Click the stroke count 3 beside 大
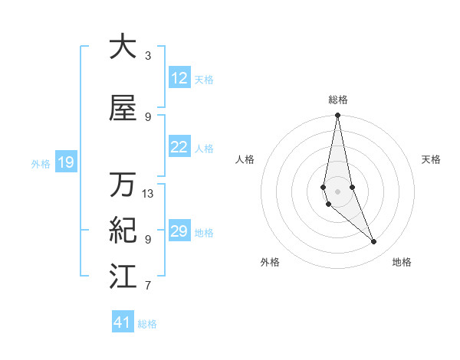pyautogui.click(x=148, y=56)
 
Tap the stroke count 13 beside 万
pyautogui.click(x=148, y=194)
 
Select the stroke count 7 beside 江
pyautogui.click(x=148, y=286)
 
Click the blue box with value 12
pyautogui.click(x=179, y=78)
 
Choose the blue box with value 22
pyautogui.click(x=179, y=147)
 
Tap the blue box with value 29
pyautogui.click(x=179, y=231)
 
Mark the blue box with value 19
pyautogui.click(x=65, y=162)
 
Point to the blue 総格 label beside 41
pyautogui.click(x=147, y=324)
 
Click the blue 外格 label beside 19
pyautogui.click(x=41, y=163)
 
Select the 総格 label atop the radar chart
pyautogui.click(x=338, y=100)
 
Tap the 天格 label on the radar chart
pyautogui.click(x=432, y=159)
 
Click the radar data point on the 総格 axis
pyautogui.click(x=338, y=116)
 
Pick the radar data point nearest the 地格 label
pyautogui.click(x=374, y=242)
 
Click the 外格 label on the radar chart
pyautogui.click(x=270, y=262)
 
